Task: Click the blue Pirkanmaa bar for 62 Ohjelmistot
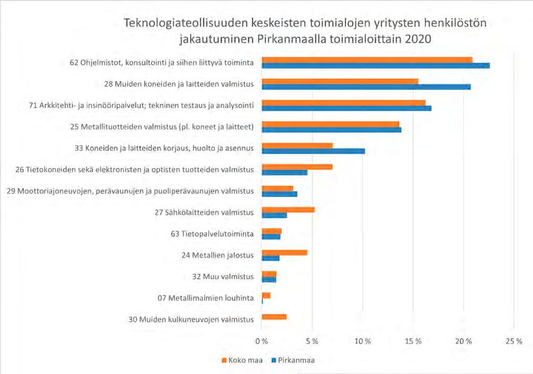[375, 66]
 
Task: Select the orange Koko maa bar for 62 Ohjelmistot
[367, 59]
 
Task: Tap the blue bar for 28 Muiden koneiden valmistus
[365, 87]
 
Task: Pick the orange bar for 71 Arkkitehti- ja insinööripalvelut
[343, 103]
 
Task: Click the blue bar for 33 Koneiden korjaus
[313, 151]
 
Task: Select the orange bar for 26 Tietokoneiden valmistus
[296, 166]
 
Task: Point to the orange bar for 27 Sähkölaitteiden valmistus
[288, 209]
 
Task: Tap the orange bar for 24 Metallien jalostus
[284, 252]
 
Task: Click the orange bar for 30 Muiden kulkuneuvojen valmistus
[274, 317]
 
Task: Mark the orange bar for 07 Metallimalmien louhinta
[266, 295]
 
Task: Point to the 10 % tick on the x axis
[363, 342]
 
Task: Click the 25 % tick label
[514, 342]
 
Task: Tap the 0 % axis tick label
[262, 342]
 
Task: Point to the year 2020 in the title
[417, 40]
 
